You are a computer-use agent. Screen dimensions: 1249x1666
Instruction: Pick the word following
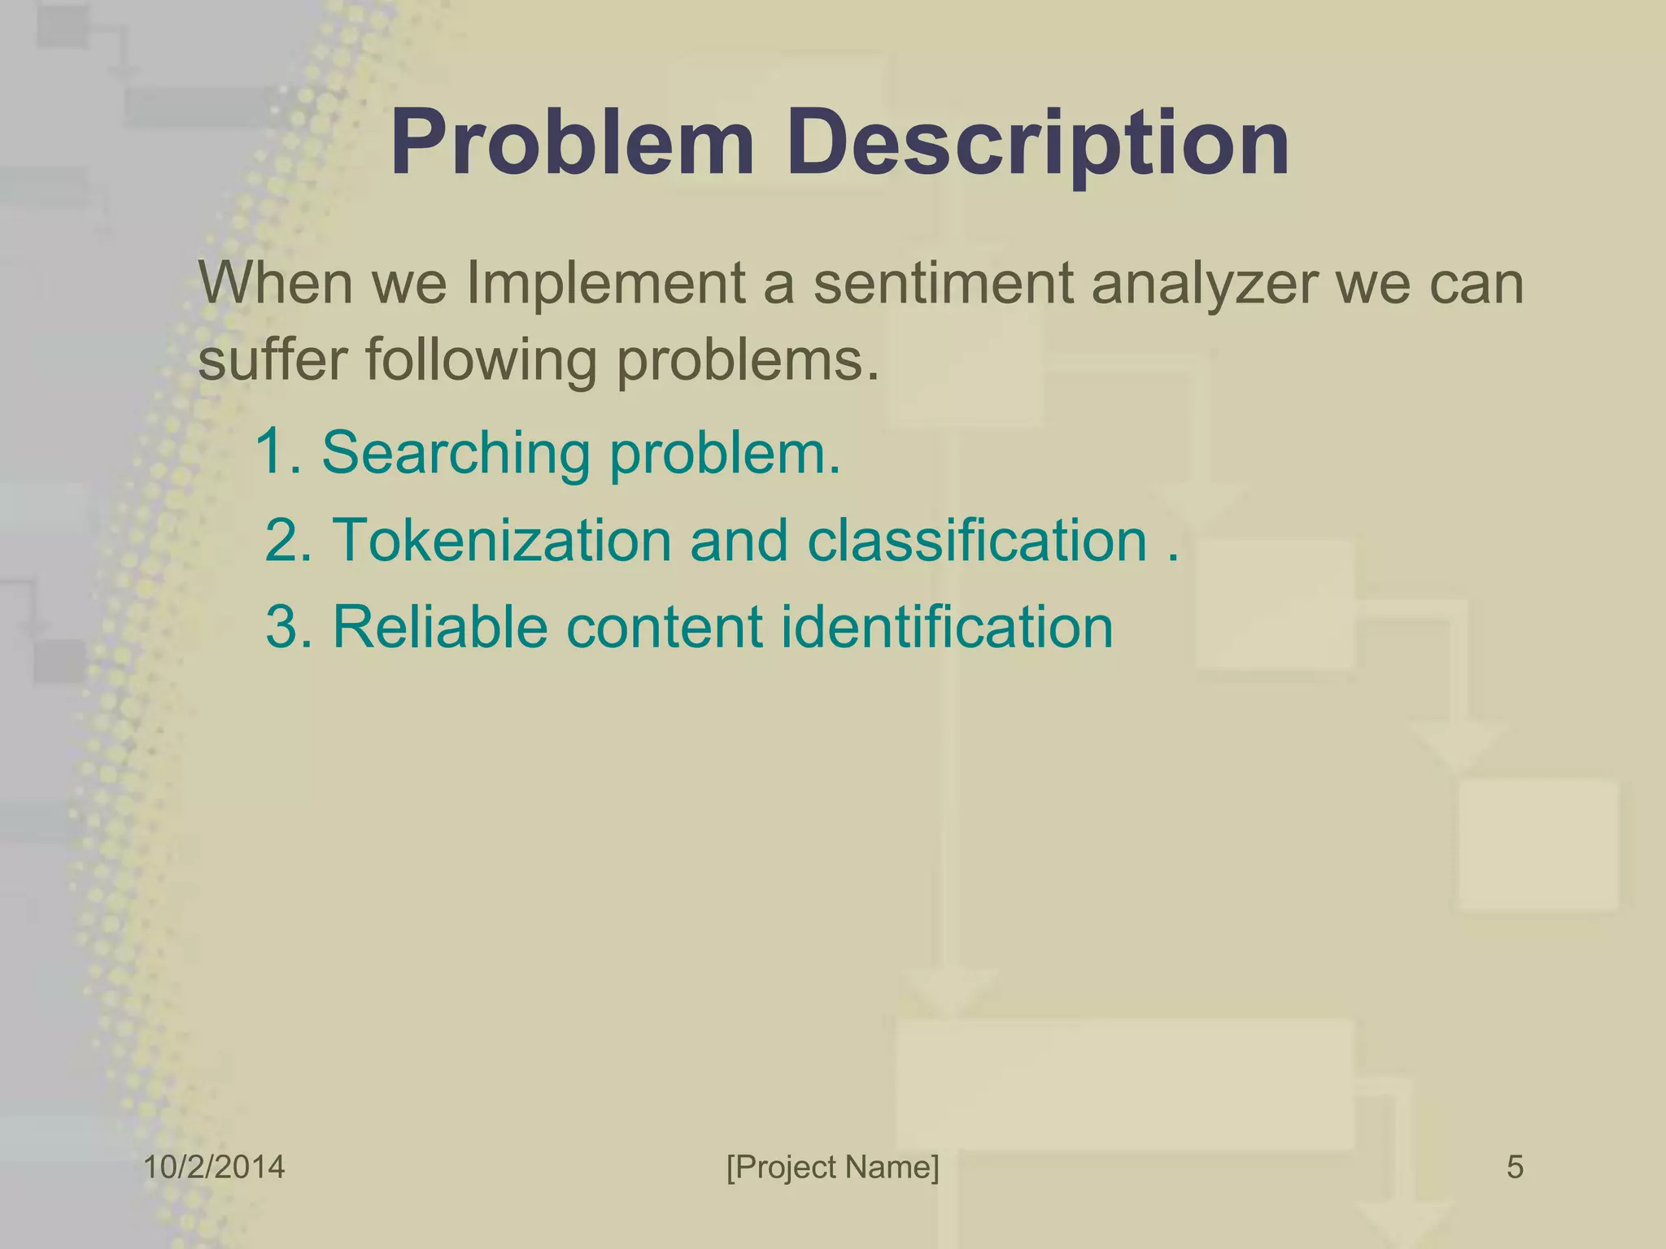coord(481,361)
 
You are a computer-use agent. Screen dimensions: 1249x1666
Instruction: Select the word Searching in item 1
coord(456,454)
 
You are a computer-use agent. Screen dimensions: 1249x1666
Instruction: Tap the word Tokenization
coord(502,540)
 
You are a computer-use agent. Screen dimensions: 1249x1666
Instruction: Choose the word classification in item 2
coord(976,540)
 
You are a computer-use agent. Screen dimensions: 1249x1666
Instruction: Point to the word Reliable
coord(439,627)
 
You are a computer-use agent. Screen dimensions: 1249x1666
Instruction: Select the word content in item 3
coord(664,627)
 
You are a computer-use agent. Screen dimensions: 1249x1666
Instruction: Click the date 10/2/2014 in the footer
coord(214,1168)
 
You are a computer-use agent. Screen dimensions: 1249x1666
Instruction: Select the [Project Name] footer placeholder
coord(832,1168)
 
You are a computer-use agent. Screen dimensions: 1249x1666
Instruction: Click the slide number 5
coord(1515,1168)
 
